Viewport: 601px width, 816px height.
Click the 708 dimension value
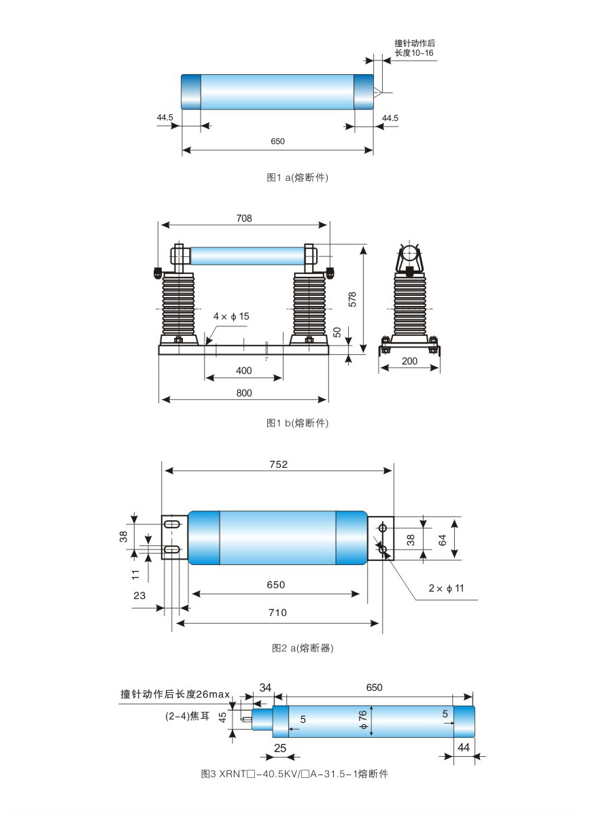click(244, 218)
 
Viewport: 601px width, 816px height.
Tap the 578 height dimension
click(352, 299)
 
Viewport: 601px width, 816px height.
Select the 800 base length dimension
click(244, 393)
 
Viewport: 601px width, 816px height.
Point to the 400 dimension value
click(244, 371)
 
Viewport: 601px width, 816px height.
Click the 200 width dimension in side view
click(409, 361)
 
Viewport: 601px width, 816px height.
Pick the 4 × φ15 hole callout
click(231, 316)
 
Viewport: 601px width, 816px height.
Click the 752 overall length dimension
click(279, 464)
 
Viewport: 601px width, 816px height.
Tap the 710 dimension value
click(277, 613)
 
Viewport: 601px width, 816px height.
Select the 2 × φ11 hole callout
click(446, 588)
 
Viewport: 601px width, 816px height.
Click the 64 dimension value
click(442, 540)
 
